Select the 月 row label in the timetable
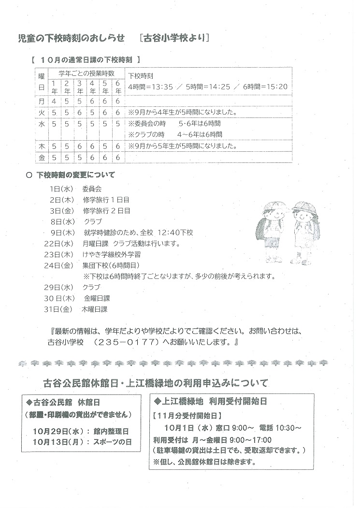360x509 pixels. pyautogui.click(x=41, y=102)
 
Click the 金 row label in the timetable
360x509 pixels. pyautogui.click(x=41, y=158)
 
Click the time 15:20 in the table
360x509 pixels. pyautogui.click(x=277, y=87)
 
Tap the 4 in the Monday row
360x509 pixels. pyautogui.click(x=54, y=102)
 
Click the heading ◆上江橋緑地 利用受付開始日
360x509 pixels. pyautogui.click(x=211, y=401)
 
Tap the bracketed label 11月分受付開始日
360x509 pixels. pyautogui.click(x=188, y=415)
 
